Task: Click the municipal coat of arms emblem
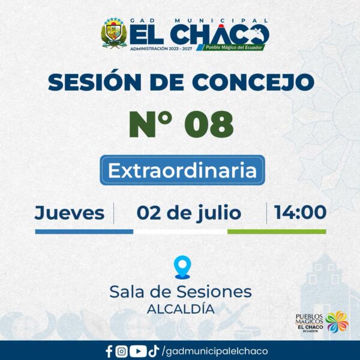click(114, 32)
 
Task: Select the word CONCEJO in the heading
click(253, 82)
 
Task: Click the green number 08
click(209, 124)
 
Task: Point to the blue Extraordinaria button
click(182, 170)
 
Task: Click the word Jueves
click(70, 213)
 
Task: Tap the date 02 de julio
click(189, 214)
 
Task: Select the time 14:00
click(300, 212)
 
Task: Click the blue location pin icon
click(182, 267)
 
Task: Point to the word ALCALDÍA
click(181, 309)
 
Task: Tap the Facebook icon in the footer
click(109, 352)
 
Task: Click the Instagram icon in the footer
click(121, 352)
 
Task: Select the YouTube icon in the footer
click(138, 352)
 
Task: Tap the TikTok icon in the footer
click(154, 351)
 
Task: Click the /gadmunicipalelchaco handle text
click(215, 352)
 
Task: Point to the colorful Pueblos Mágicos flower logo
click(337, 322)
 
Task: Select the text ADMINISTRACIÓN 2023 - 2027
click(161, 49)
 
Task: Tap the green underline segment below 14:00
click(277, 232)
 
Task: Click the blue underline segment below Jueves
click(84, 232)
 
